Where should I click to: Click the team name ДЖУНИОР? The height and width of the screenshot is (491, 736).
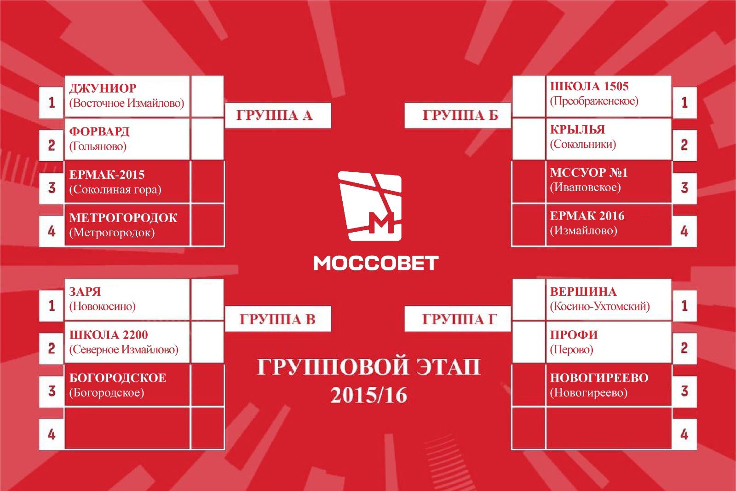(x=103, y=88)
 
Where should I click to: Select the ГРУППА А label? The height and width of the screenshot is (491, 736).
(x=274, y=116)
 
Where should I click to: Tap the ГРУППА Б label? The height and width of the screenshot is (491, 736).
(x=460, y=116)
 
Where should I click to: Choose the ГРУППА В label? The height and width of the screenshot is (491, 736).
(x=277, y=319)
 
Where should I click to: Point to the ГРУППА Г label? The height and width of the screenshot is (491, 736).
(x=459, y=319)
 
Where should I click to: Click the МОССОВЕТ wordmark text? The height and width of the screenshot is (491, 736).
(x=376, y=263)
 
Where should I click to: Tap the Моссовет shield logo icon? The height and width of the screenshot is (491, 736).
(x=370, y=206)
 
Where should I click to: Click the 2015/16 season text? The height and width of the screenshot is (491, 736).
(x=369, y=395)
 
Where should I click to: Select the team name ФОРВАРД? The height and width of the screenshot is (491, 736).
(x=99, y=132)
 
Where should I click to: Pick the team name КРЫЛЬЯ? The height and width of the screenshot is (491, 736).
(x=578, y=129)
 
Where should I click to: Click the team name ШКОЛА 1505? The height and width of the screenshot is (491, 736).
(x=589, y=86)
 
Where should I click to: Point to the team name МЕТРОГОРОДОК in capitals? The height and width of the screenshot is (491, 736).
(x=123, y=218)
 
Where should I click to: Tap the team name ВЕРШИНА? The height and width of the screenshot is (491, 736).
(x=584, y=292)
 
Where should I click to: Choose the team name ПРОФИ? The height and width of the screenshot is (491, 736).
(x=574, y=335)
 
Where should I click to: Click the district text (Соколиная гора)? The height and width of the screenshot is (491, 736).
(x=115, y=190)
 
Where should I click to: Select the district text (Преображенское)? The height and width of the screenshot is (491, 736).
(x=594, y=101)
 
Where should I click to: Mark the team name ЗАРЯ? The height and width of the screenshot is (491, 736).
(x=85, y=292)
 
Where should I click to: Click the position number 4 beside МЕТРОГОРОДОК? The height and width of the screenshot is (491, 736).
(x=52, y=232)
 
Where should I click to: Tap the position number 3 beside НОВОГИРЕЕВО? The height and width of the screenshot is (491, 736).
(x=684, y=392)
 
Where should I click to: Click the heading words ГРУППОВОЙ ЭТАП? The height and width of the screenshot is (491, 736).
(x=368, y=367)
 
